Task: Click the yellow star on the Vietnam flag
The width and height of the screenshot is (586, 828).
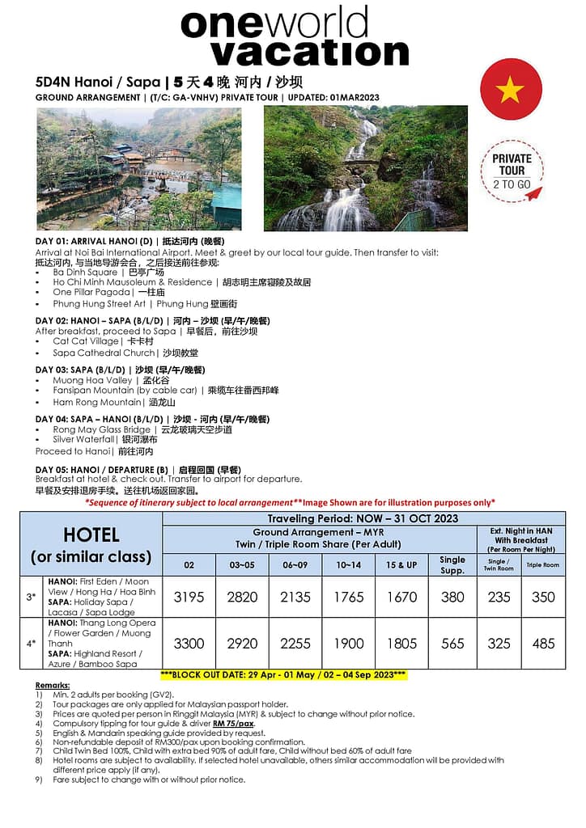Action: [510, 90]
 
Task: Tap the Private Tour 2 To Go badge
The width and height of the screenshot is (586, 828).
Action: [512, 171]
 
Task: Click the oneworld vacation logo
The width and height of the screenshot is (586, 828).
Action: [295, 36]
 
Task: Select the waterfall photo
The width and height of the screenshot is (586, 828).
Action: [365, 168]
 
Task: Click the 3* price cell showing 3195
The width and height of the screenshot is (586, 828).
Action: [189, 597]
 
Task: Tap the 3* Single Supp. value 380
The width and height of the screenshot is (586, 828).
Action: [452, 597]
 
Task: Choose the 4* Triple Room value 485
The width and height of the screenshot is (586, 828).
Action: [543, 644]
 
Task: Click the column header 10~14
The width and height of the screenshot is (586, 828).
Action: [349, 564]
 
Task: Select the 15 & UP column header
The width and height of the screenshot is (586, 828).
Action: [401, 564]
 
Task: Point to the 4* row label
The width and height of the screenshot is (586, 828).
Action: [31, 644]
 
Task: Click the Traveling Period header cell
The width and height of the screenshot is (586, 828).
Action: [363, 518]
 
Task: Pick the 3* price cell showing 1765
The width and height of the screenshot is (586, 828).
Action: [349, 597]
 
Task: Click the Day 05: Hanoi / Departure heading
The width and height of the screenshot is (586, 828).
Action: [138, 470]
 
